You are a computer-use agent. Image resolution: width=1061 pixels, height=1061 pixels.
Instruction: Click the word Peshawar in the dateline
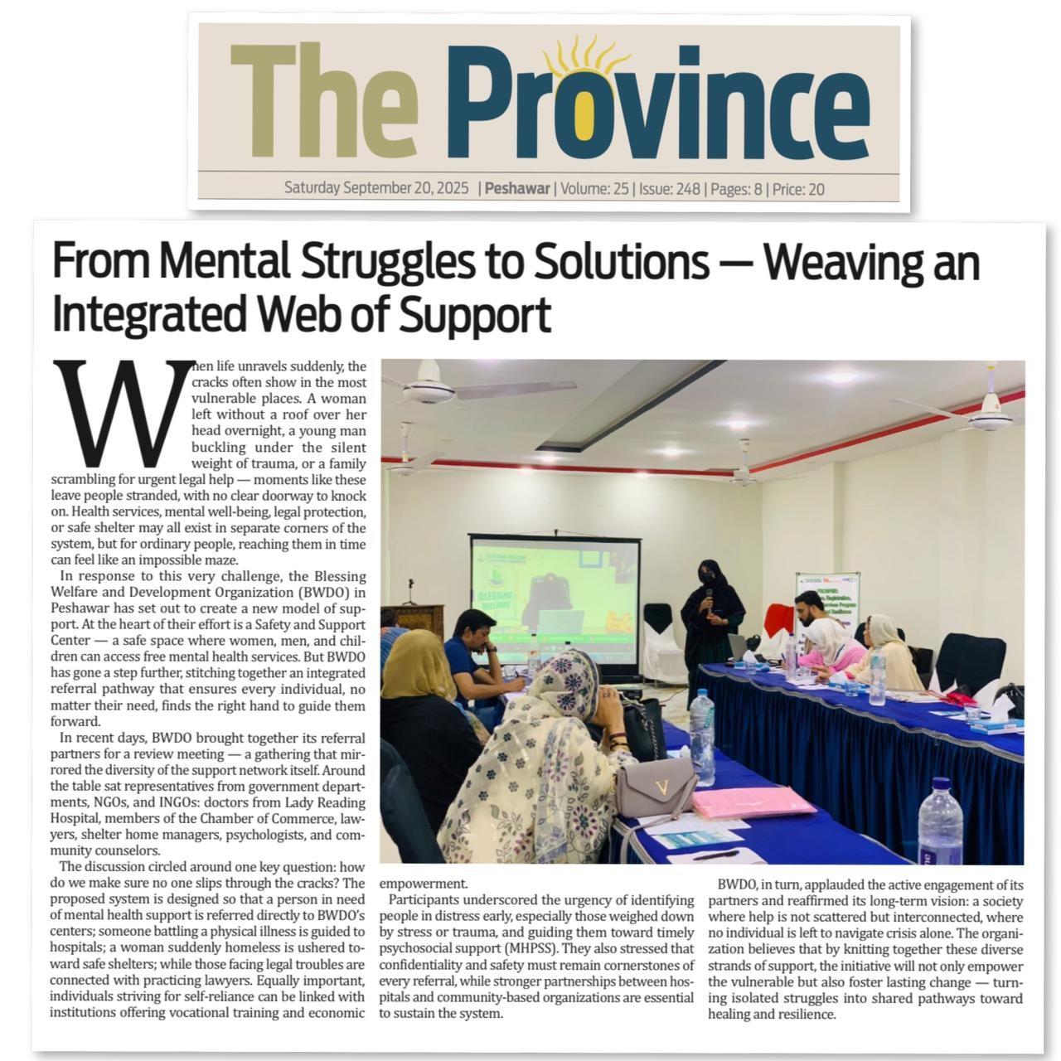point(517,189)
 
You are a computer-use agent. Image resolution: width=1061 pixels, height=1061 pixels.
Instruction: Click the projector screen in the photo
point(555,601)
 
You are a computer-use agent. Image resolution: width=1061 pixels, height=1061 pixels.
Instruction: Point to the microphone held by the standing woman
point(709,598)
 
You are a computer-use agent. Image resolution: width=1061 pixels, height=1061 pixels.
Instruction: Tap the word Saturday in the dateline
point(312,189)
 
